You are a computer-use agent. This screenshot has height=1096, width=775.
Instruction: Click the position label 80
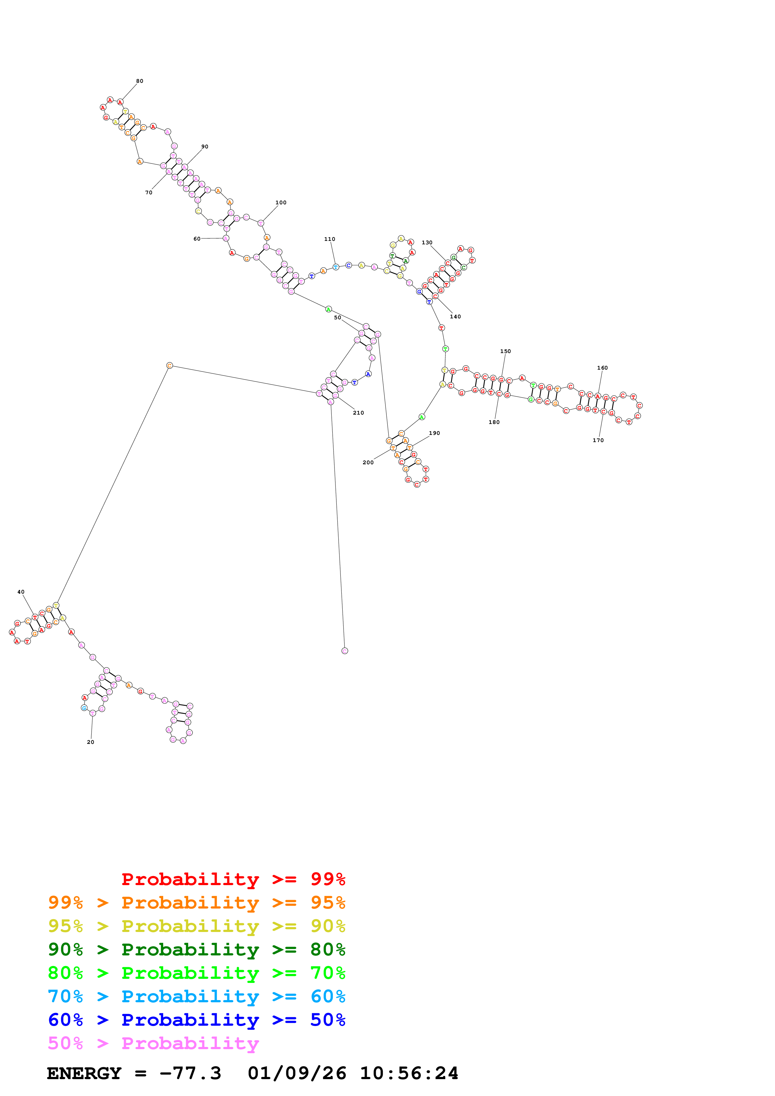pos(139,81)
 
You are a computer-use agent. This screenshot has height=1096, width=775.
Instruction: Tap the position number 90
pos(205,147)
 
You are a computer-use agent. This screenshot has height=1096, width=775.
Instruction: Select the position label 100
pos(281,202)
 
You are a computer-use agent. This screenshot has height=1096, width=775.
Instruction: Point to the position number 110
pos(330,239)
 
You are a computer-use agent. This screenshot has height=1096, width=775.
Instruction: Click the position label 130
pos(427,242)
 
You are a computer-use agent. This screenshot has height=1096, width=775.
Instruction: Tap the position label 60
pos(197,239)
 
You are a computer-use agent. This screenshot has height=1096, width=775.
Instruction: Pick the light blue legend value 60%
pos(328,996)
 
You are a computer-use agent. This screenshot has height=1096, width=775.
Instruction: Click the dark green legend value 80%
pos(328,949)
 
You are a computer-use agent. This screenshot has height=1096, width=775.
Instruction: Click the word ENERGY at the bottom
pos(84,1073)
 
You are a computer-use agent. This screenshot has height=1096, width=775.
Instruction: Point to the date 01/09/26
pos(297,1073)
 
